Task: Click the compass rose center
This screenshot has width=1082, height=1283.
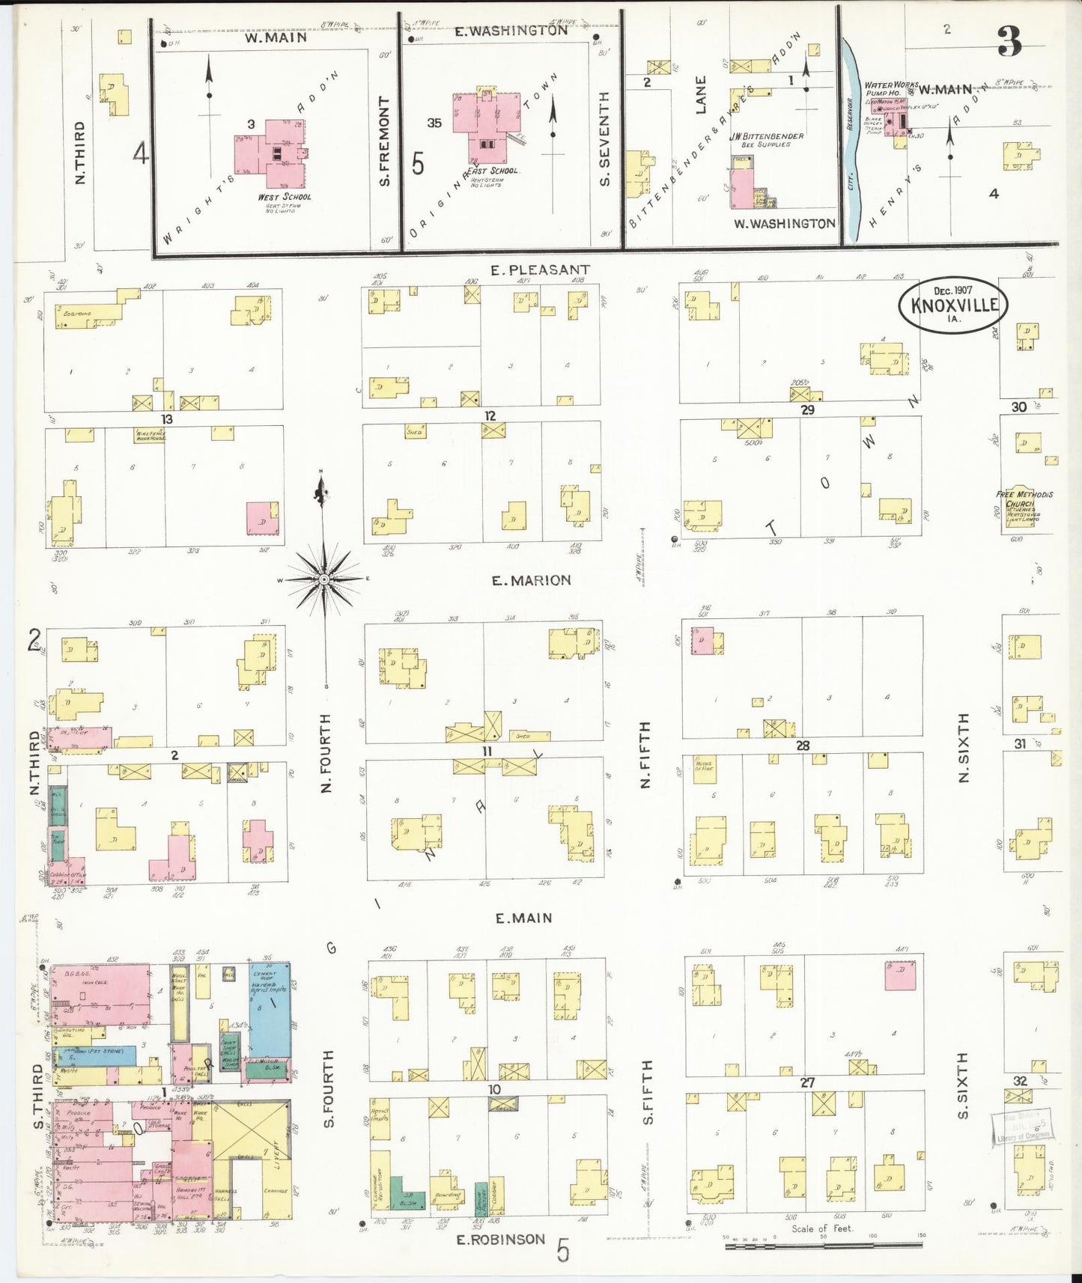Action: [x=323, y=580]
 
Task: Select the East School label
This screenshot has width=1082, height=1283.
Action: [x=494, y=171]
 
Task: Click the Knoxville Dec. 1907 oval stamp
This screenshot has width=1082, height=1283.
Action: [x=953, y=304]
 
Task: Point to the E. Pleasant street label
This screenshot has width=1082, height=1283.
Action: [x=539, y=269]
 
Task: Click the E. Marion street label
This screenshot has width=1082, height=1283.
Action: [x=531, y=580]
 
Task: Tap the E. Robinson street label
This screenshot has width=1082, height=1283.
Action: [x=502, y=1240]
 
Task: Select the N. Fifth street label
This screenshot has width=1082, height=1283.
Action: [x=645, y=755]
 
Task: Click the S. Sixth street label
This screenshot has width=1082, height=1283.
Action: [x=963, y=1085]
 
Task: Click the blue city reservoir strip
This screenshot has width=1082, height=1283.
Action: [x=851, y=142]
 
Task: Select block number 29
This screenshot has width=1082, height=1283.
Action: [x=807, y=410]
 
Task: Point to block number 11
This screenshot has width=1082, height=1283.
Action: [x=487, y=751]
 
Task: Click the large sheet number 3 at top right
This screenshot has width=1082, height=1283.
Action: [x=1009, y=43]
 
